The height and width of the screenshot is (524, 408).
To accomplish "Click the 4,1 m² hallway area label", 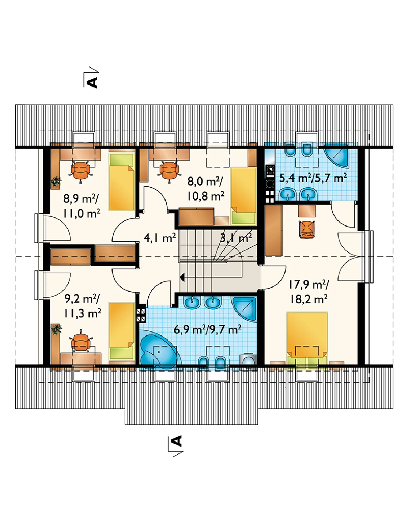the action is point(160,238).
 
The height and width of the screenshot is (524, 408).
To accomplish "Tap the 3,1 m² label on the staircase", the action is point(236,238).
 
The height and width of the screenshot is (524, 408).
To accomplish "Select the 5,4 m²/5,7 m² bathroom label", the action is point(313,178).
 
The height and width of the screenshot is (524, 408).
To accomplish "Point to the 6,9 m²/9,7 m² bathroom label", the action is point(207,329).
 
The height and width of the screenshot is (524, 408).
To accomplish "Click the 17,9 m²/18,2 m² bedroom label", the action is point(309,292).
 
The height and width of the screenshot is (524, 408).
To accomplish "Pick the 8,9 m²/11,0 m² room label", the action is point(81,206).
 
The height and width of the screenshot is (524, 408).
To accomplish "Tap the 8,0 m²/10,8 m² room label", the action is point(206,189).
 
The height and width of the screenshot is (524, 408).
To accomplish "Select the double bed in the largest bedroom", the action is point(307,338).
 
